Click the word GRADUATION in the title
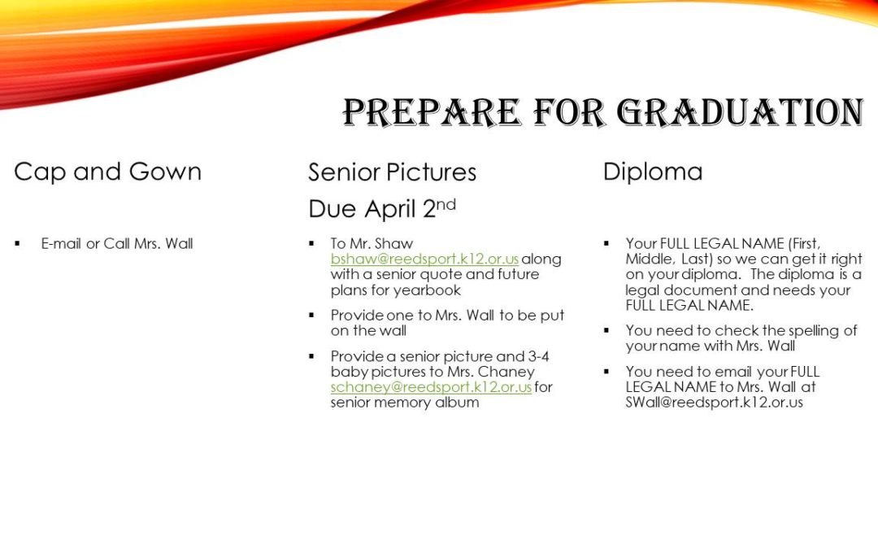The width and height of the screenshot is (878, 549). click(x=741, y=112)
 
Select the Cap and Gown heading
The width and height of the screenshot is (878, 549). click(x=107, y=172)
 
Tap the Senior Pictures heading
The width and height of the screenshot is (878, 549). click(x=392, y=172)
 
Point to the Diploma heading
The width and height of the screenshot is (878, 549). click(x=652, y=172)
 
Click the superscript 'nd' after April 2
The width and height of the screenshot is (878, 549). click(x=446, y=204)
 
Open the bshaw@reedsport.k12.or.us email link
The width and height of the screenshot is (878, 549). click(x=424, y=259)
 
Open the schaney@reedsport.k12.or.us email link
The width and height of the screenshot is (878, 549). click(x=431, y=387)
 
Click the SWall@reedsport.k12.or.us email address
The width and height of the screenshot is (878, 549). click(x=714, y=403)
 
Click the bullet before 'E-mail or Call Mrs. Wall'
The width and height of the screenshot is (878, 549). click(x=17, y=244)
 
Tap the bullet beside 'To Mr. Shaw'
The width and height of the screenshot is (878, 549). click(x=311, y=244)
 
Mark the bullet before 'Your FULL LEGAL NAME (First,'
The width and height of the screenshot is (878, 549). click(x=606, y=244)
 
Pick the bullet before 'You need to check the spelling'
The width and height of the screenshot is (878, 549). click(x=606, y=330)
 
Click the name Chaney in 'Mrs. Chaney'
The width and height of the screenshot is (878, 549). click(x=506, y=372)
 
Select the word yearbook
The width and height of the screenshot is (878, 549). click(x=428, y=290)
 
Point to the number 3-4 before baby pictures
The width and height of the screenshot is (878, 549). click(x=538, y=356)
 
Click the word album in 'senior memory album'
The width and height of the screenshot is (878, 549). click(x=459, y=403)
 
